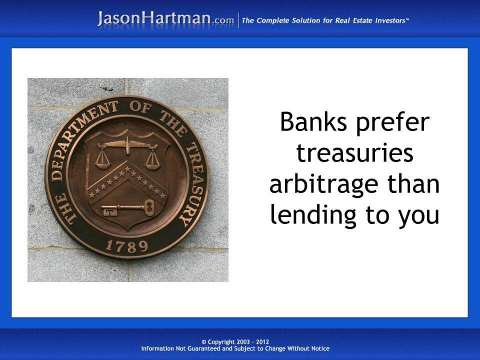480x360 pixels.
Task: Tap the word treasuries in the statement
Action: [354, 153]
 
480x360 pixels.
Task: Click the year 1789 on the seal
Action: [127, 246]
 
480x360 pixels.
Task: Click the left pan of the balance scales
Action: [103, 161]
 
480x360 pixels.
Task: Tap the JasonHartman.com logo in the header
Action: [165, 19]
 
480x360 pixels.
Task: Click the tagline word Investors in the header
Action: [387, 20]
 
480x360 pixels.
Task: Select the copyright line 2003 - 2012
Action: [239, 341]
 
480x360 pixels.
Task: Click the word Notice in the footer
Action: [319, 348]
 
